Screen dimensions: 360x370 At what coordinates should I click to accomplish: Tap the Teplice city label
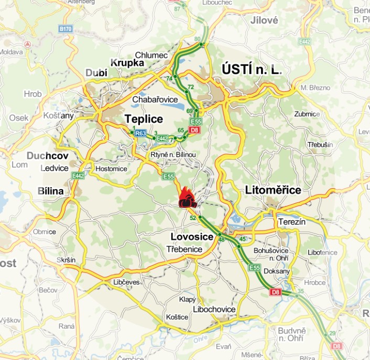pyautogui.click(x=144, y=119)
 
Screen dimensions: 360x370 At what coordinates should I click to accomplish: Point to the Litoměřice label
pyautogui.click(x=273, y=190)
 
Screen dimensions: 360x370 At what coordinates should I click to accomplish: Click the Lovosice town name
pyautogui.click(x=192, y=237)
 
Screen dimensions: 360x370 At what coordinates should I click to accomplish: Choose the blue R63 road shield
pyautogui.click(x=139, y=134)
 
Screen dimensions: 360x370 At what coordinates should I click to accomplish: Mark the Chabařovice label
pyautogui.click(x=155, y=99)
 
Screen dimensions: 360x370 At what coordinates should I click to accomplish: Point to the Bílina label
pyautogui.click(x=50, y=191)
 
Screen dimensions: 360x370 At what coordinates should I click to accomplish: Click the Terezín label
pyautogui.click(x=292, y=222)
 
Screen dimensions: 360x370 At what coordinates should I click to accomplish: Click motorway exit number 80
pyautogui.click(x=197, y=39)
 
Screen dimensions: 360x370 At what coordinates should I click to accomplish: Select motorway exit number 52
pyautogui.click(x=193, y=217)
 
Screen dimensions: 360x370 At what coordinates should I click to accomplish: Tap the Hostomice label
pyautogui.click(x=111, y=169)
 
